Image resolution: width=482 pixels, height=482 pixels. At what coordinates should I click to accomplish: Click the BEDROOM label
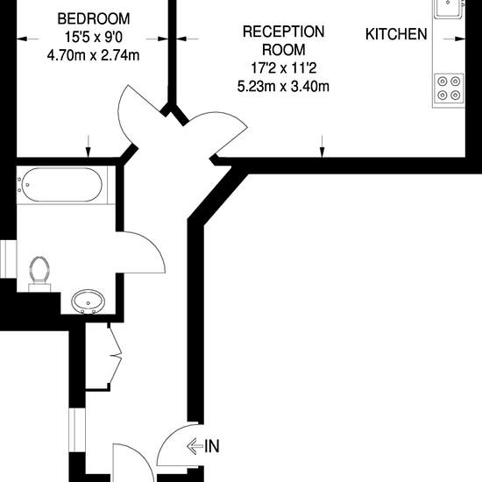(x=94, y=19)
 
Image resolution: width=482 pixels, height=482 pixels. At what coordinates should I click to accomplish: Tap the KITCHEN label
(x=396, y=34)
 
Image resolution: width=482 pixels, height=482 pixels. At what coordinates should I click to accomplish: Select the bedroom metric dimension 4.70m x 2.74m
(x=93, y=55)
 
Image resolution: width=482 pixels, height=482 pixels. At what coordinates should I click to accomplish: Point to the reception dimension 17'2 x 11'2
(x=283, y=68)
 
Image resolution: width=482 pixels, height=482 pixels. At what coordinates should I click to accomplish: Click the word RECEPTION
(x=283, y=32)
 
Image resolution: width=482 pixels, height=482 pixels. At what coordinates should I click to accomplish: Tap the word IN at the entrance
(x=212, y=446)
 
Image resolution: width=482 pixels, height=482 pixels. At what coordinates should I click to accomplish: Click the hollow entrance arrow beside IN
(x=195, y=446)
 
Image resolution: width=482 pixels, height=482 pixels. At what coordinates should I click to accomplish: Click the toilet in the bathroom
(x=39, y=273)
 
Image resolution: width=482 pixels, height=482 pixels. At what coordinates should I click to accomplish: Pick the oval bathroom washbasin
(x=89, y=301)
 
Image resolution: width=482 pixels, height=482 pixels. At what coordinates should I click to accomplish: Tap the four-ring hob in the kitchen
(x=449, y=89)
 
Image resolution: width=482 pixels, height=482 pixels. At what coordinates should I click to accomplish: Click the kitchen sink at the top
(x=449, y=8)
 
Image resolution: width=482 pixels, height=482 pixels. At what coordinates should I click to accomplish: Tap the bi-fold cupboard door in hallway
(x=117, y=357)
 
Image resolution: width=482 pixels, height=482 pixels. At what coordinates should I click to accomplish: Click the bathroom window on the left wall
(x=8, y=259)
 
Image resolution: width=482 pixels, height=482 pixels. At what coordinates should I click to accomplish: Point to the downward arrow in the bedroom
(x=89, y=146)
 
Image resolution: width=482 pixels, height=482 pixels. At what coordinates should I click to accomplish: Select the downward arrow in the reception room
(x=322, y=146)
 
